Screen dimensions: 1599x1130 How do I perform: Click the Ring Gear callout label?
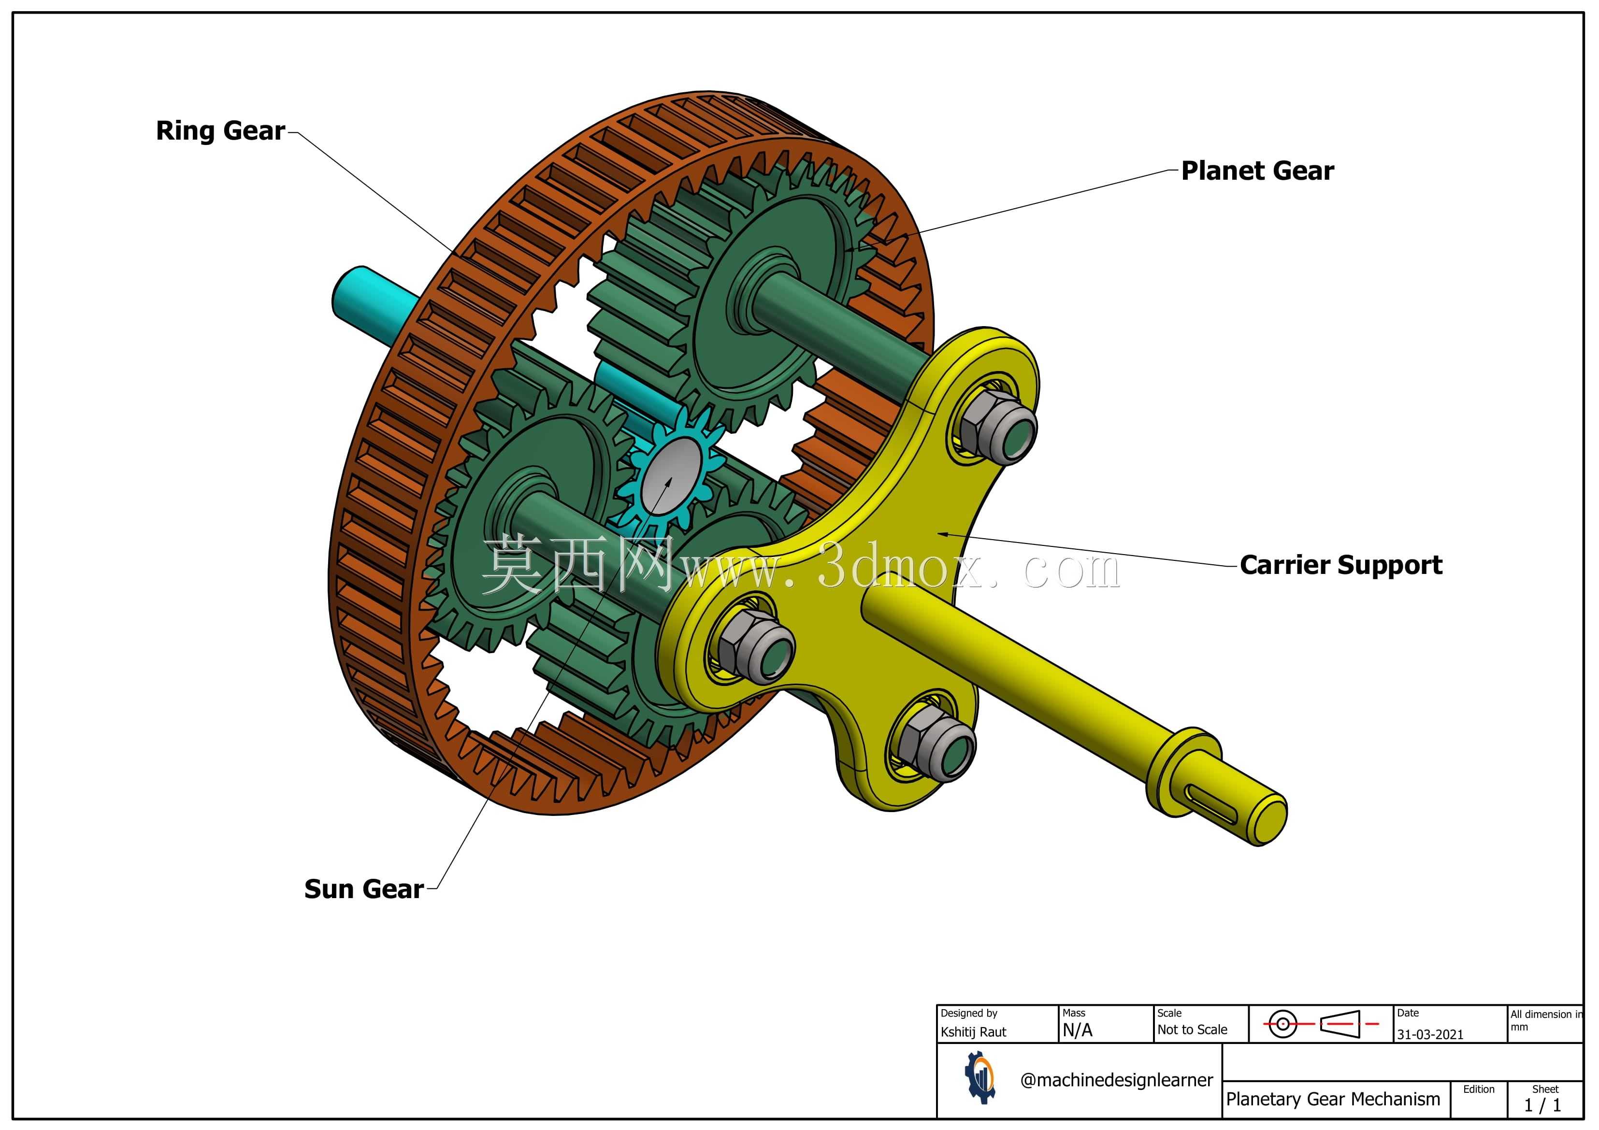click(220, 131)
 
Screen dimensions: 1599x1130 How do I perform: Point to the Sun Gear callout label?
click(363, 889)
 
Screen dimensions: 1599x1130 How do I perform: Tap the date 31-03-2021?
click(1430, 1035)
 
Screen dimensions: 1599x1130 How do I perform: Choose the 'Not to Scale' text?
click(1192, 1030)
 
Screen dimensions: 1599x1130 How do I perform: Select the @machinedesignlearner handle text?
click(1116, 1080)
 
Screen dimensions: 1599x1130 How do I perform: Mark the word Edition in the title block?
click(1479, 1089)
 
